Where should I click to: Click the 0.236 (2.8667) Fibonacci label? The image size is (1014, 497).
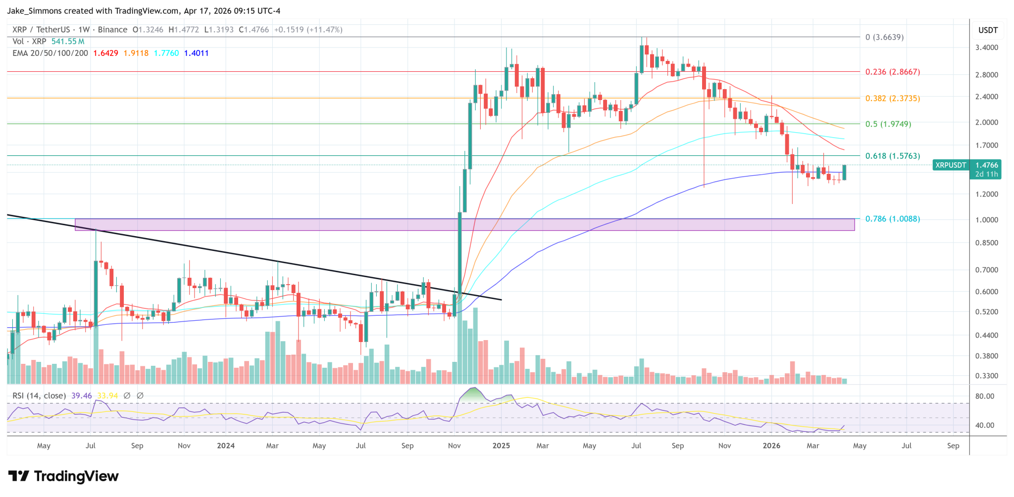click(893, 72)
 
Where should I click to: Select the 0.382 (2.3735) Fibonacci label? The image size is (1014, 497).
click(893, 99)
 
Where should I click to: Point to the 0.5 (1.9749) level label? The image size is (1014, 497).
click(888, 124)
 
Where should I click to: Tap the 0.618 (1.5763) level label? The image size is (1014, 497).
click(893, 156)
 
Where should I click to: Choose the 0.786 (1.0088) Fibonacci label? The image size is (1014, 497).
click(893, 219)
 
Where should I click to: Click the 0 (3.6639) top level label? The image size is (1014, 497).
click(884, 37)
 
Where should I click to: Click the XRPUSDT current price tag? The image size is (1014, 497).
click(966, 169)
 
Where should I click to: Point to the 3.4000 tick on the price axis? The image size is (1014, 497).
click(986, 48)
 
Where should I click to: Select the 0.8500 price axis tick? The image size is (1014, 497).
click(986, 243)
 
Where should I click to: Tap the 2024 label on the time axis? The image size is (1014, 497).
click(226, 446)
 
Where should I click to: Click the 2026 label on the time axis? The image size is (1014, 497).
click(771, 446)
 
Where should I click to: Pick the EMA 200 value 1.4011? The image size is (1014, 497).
click(196, 53)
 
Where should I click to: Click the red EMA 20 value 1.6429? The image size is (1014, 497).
click(105, 53)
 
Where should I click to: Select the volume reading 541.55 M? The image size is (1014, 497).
click(68, 42)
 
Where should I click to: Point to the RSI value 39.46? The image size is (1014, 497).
click(82, 396)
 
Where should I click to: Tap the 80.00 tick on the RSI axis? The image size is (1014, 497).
click(985, 396)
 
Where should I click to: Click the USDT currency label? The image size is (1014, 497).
click(988, 30)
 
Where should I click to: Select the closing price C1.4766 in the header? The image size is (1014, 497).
click(253, 30)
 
